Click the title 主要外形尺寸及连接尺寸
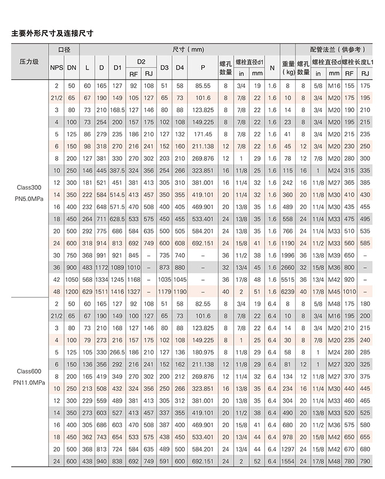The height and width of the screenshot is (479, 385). click(x=52, y=33)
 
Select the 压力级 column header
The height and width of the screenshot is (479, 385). click(x=29, y=61)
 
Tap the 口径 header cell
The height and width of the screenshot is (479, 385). click(x=64, y=49)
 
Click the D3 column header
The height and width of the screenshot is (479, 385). click(x=165, y=67)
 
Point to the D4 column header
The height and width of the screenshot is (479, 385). click(x=180, y=67)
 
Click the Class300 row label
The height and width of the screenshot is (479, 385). click(x=29, y=188)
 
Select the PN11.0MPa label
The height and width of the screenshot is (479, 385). click(x=29, y=383)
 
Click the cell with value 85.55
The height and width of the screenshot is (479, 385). click(x=203, y=86)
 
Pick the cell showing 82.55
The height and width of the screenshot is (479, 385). click(x=203, y=304)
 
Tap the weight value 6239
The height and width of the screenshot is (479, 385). click(x=288, y=292)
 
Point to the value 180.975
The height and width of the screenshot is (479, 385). click(x=203, y=352)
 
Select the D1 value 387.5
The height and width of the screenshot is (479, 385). click(x=118, y=171)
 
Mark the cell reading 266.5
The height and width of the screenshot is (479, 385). click(x=118, y=352)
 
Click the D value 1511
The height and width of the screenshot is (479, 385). click(x=102, y=292)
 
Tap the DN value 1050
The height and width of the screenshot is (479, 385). click(x=72, y=280)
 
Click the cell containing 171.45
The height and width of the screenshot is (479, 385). click(x=203, y=134)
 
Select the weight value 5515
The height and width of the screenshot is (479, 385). click(x=288, y=280)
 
